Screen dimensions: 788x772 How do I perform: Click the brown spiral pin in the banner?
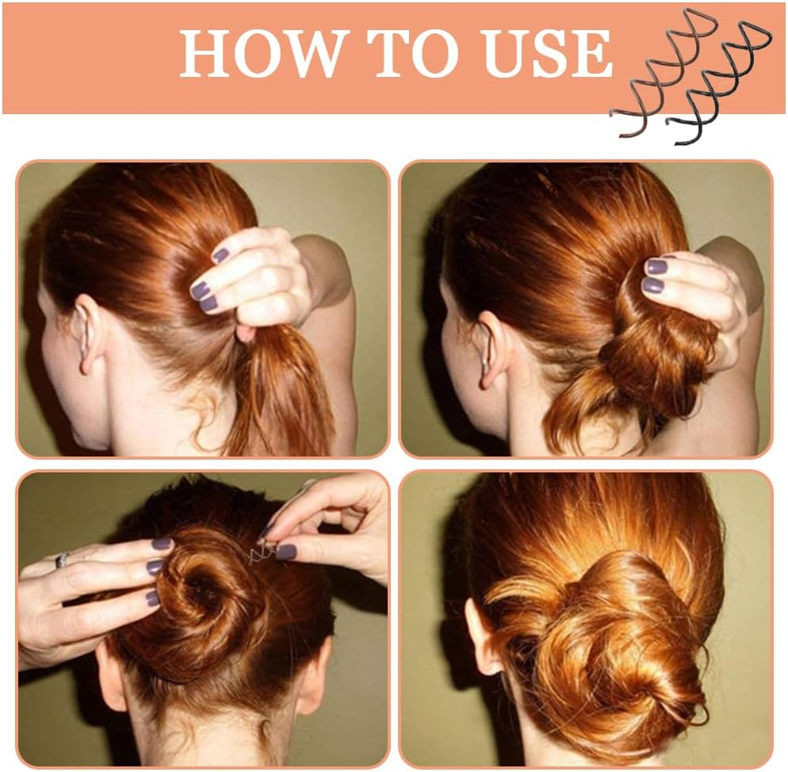(x=653, y=75)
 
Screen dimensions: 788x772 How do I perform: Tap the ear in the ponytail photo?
(x=84, y=334)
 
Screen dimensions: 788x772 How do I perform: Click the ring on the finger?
(x=61, y=560)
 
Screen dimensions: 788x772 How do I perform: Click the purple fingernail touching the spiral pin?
(x=285, y=552)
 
